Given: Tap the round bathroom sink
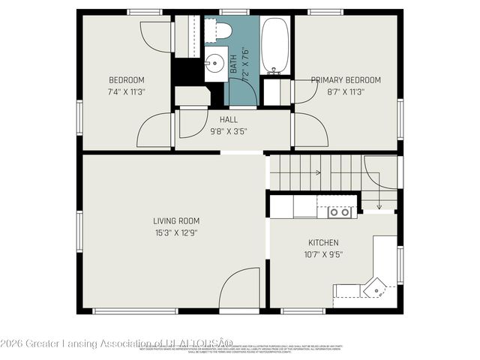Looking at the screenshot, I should coord(216,63).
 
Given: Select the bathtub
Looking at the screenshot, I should coord(274,45).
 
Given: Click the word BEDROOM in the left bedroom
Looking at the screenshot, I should coord(127,80).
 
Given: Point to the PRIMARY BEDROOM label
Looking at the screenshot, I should coord(346,80).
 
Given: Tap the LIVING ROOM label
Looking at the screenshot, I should coord(176,221).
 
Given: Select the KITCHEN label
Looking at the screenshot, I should coord(323,243).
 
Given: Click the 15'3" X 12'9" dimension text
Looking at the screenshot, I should coord(176,232).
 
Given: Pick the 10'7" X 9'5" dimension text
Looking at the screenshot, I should coord(323,254).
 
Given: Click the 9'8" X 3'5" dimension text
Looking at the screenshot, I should coord(229,131).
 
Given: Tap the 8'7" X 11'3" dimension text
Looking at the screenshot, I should coord(346,92).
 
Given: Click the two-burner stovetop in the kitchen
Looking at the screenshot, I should coord(341,212).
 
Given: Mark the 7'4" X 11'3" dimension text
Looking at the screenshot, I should coord(127,92).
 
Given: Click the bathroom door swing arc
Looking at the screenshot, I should coord(250,88).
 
